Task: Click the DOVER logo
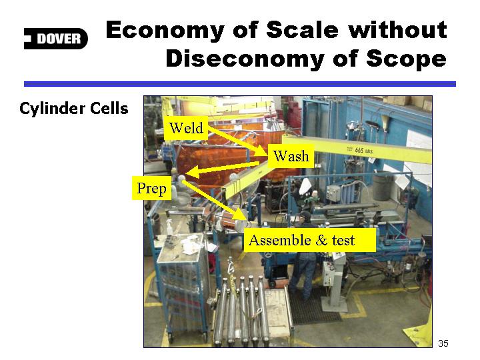point(56,39)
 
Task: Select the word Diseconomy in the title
point(245,59)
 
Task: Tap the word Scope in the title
point(407,59)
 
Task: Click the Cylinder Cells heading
point(74,109)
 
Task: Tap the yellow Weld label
point(186,128)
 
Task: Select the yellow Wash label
point(291,156)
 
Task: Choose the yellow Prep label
point(151,188)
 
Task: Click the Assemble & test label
point(310,240)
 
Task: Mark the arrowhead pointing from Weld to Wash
point(263,151)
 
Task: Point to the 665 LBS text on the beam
point(364,151)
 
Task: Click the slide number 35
point(443,343)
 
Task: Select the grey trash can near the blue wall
point(383,186)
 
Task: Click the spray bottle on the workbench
point(170,228)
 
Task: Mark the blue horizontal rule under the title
point(240,84)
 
